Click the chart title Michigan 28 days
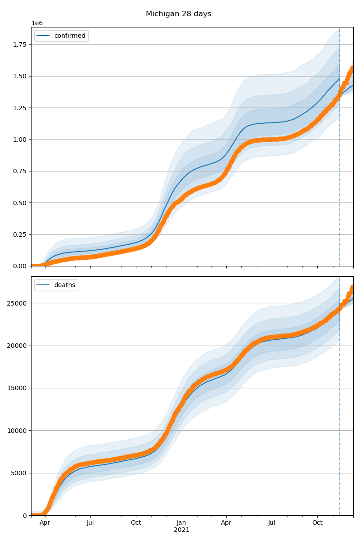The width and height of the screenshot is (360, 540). click(x=178, y=14)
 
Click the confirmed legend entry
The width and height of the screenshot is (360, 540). click(x=70, y=36)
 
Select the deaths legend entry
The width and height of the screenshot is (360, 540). click(x=66, y=285)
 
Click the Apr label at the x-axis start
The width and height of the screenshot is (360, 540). click(x=45, y=523)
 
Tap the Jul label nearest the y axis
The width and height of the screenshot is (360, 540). click(x=90, y=523)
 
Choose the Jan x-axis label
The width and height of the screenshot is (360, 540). click(x=181, y=523)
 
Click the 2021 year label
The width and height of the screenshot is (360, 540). click(x=181, y=530)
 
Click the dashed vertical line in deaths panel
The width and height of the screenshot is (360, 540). click(x=339, y=405)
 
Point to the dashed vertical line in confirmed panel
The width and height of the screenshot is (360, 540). click(x=339, y=135)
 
